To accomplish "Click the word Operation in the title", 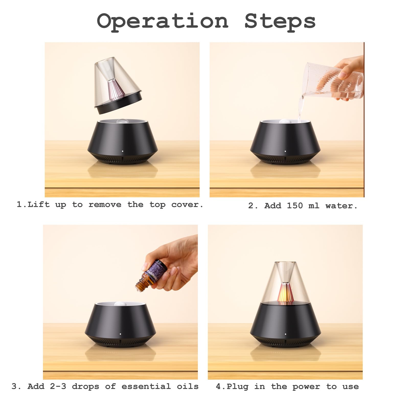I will [x=163, y=21].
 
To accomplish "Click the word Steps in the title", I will [x=280, y=21].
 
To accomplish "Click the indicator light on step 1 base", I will [x=122, y=151].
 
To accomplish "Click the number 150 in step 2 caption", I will [x=295, y=206].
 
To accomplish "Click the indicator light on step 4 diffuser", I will [x=286, y=334].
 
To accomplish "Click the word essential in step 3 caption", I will [x=146, y=386].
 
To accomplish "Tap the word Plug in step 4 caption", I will [x=237, y=387].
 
